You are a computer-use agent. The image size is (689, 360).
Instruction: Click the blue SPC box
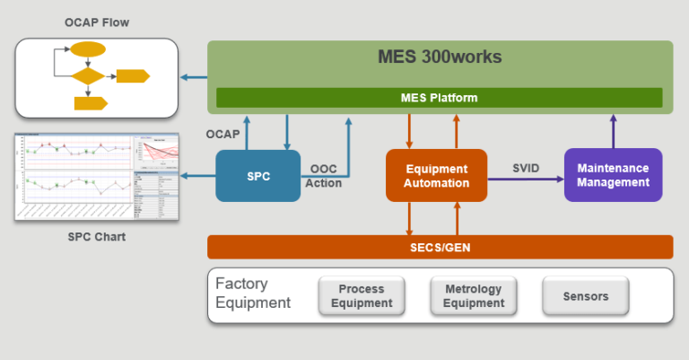pos(257,175)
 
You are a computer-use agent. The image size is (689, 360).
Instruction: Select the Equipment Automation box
pos(436,175)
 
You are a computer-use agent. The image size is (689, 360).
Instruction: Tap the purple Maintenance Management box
pos(613,175)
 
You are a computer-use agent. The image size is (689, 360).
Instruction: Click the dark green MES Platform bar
pos(439,97)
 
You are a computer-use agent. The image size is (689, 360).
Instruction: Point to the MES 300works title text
pos(439,57)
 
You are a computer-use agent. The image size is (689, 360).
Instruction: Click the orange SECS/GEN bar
pos(439,247)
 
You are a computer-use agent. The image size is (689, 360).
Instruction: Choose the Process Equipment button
pos(362,295)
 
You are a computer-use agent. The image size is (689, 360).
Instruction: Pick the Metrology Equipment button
pos(474,295)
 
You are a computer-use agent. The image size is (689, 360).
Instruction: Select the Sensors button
pos(586,295)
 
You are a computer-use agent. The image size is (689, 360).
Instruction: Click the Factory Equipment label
pos(254,294)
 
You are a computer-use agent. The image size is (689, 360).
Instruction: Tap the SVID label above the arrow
pos(526,168)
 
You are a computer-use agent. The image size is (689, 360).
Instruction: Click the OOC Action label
pos(324,176)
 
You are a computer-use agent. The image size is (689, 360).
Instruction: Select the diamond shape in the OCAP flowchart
pos(87,76)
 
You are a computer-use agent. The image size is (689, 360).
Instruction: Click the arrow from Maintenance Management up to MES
pos(614,131)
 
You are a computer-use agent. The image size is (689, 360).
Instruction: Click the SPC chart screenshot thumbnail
pos(96,178)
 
